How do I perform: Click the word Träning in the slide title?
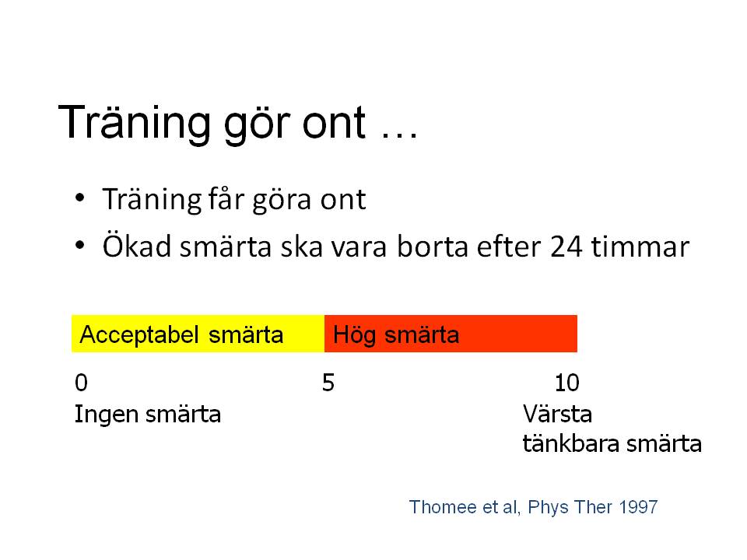[134, 123]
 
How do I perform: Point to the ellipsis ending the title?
[399, 135]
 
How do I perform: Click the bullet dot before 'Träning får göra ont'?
[79, 198]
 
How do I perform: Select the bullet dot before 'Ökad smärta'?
[79, 246]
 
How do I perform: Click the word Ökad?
[137, 246]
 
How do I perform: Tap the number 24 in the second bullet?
[566, 247]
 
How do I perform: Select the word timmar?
[640, 247]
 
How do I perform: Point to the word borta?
[433, 247]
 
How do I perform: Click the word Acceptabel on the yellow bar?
[139, 334]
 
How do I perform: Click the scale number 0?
[82, 383]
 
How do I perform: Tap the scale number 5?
[328, 383]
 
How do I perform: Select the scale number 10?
[567, 383]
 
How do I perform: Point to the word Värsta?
[557, 414]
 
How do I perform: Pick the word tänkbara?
[571, 443]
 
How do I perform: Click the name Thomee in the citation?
[443, 507]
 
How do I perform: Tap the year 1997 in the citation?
[638, 507]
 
